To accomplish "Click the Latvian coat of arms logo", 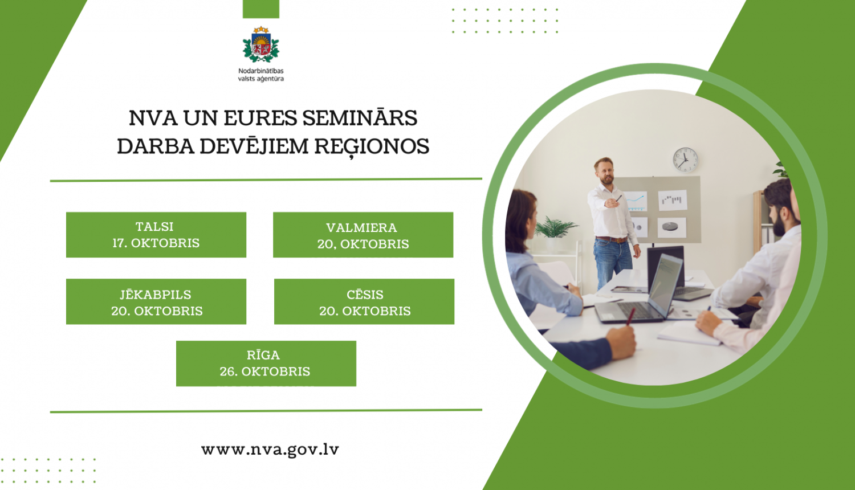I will click(261, 45).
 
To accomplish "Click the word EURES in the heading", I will click(260, 118).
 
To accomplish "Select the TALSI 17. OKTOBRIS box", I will click(156, 235).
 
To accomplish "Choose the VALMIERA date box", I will click(363, 235).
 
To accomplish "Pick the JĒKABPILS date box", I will click(156, 302).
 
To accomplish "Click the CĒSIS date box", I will click(364, 302).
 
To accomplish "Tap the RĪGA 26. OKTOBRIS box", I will click(266, 364).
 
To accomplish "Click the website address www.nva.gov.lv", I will click(270, 450).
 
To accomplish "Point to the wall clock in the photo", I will click(685, 160).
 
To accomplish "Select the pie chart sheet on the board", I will click(671, 227).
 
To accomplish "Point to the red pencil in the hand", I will click(630, 317).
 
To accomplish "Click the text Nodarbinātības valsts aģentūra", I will click(261, 75).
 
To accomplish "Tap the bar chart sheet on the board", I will click(672, 200).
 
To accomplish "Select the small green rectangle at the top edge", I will click(261, 9).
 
